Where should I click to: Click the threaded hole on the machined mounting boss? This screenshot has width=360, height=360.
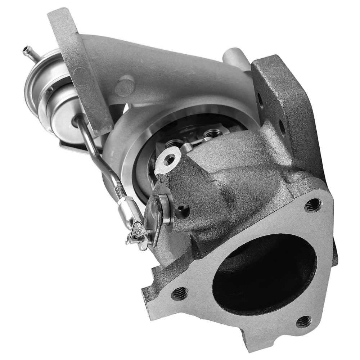tap(169, 159)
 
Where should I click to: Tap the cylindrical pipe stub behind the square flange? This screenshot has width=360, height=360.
tap(236, 58)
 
